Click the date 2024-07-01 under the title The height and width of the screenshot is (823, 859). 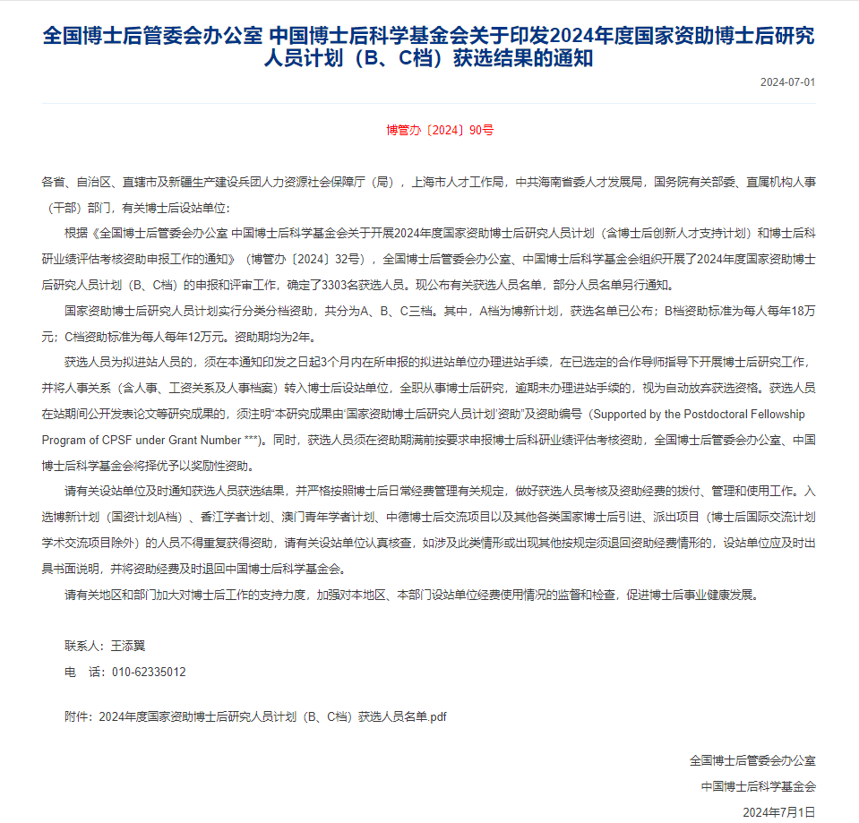coord(787,82)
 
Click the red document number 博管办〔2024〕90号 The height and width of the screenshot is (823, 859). coord(439,130)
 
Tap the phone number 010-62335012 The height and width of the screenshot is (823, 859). coord(149,672)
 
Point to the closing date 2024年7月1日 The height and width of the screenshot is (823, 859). coord(779,811)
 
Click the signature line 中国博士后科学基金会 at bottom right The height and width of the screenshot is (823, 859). coord(759,785)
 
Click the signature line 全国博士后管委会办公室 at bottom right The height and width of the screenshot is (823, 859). coord(752,760)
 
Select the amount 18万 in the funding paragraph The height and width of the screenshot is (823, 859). coord(802,312)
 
